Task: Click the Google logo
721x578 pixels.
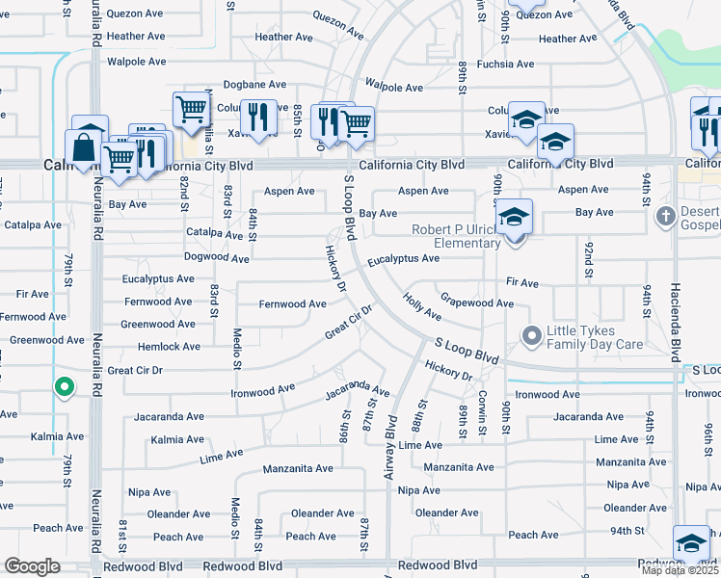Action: point(33,566)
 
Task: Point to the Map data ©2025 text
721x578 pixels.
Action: point(680,570)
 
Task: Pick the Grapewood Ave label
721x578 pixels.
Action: point(476,303)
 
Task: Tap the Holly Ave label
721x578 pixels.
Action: point(422,307)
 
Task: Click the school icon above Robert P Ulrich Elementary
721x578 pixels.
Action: point(515,217)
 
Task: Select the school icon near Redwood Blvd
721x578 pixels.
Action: point(691,543)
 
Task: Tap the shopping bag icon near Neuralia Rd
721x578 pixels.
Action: point(83,149)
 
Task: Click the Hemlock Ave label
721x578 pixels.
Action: point(169,347)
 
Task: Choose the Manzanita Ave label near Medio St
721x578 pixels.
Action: point(298,468)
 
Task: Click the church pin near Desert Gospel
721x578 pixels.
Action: point(664,216)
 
